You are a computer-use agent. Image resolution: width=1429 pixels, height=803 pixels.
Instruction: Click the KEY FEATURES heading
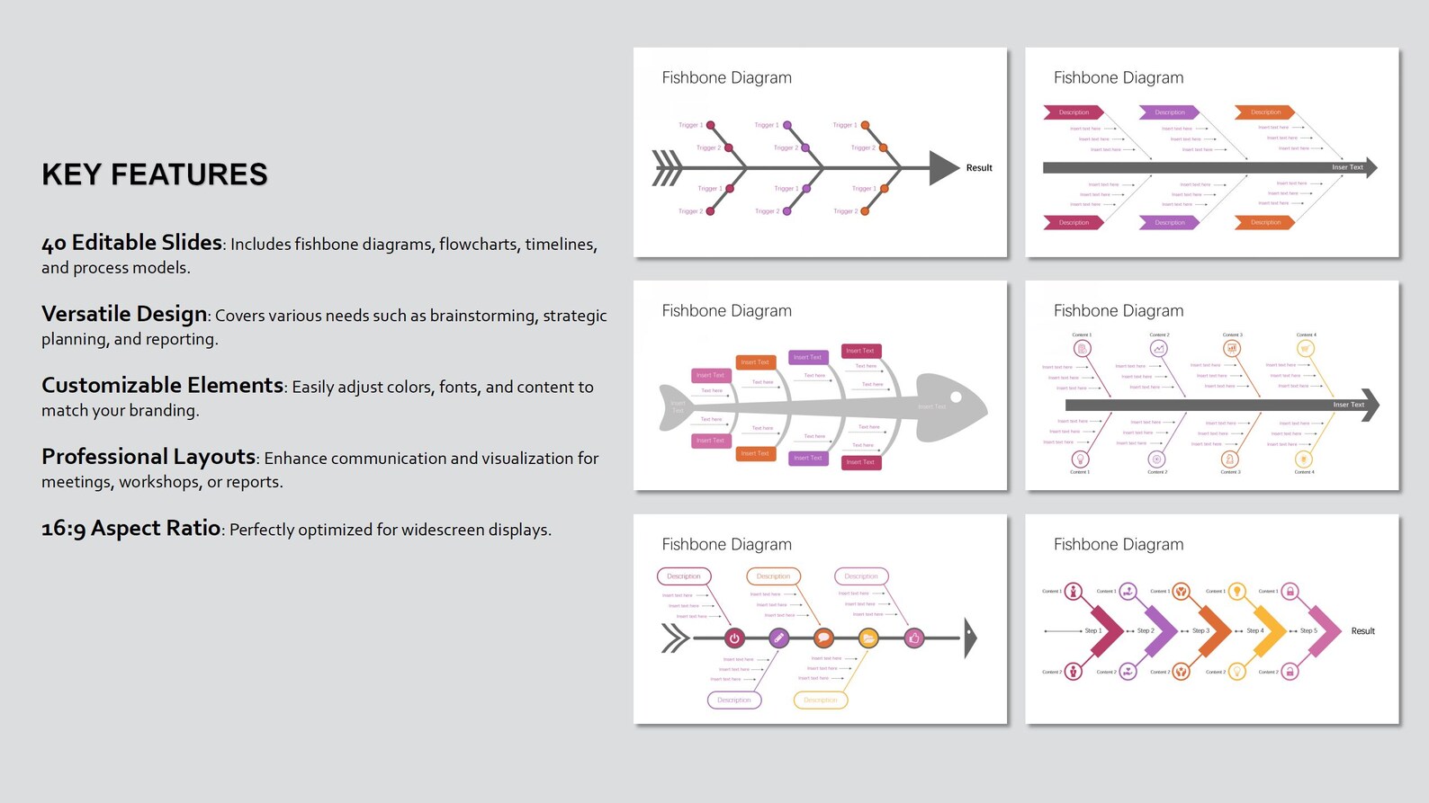tap(154, 174)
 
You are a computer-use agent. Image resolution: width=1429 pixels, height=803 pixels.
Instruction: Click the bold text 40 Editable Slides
tap(131, 243)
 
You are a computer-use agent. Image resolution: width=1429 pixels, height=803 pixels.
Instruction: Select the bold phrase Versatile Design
tap(124, 314)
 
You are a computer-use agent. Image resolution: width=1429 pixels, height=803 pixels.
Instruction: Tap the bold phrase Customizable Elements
tap(162, 385)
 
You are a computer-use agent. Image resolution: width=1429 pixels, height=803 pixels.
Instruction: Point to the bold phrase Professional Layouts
tap(148, 456)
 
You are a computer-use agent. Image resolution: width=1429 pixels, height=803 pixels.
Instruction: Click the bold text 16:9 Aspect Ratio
tap(130, 528)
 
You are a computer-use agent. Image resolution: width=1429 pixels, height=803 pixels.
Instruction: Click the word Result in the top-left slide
tap(978, 168)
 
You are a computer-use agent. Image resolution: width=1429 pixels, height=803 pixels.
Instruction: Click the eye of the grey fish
tap(956, 397)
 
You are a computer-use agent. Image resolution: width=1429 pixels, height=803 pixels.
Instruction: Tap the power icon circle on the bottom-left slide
tap(734, 638)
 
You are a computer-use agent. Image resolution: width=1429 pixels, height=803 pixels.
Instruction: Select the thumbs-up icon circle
tap(914, 638)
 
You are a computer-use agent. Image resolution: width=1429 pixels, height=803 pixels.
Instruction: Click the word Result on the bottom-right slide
tap(1362, 631)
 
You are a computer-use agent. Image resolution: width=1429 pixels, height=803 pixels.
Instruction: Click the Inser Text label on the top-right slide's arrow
tap(1347, 167)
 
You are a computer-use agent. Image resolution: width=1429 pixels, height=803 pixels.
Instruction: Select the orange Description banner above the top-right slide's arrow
tap(1264, 112)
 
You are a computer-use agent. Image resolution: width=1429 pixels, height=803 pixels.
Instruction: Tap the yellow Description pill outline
tap(820, 700)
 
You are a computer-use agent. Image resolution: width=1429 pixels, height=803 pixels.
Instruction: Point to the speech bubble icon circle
tap(823, 638)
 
